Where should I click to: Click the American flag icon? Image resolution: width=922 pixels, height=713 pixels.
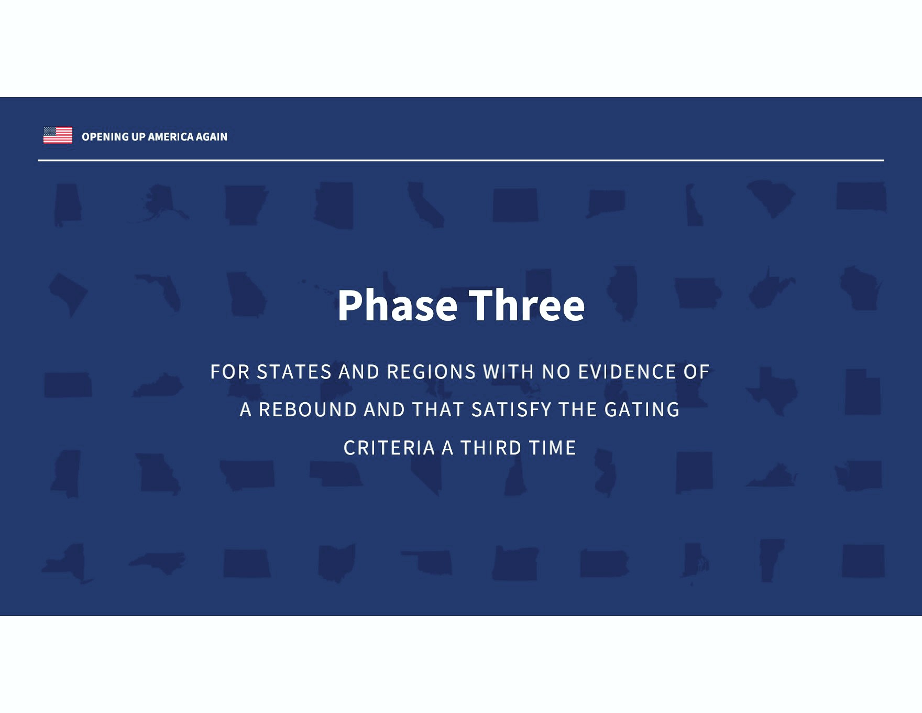pyautogui.click(x=58, y=135)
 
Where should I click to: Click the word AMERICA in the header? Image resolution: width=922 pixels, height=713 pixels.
pyautogui.click(x=171, y=137)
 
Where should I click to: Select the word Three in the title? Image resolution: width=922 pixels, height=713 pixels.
pyautogui.click(x=526, y=305)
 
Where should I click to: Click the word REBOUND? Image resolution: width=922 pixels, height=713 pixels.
pyautogui.click(x=308, y=409)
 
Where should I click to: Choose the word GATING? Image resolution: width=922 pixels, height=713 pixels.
pyautogui.click(x=642, y=409)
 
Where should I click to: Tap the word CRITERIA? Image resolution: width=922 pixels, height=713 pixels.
pyautogui.click(x=389, y=448)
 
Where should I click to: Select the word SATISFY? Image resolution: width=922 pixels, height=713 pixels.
pyautogui.click(x=512, y=409)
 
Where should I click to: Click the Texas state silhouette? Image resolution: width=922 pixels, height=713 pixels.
pyautogui.click(x=772, y=391)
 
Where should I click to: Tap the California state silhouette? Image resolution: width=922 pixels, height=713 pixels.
pyautogui.click(x=425, y=204)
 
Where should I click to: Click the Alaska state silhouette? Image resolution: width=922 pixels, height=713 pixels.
pyautogui.click(x=159, y=203)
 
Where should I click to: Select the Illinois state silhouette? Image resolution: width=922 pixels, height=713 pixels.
pyautogui.click(x=622, y=293)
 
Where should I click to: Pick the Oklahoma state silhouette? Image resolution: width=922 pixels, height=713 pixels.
pyautogui.click(x=427, y=563)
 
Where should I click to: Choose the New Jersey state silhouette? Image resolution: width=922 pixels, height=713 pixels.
pyautogui.click(x=606, y=473)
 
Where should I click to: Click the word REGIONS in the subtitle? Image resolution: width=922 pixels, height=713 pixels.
pyautogui.click(x=431, y=372)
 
